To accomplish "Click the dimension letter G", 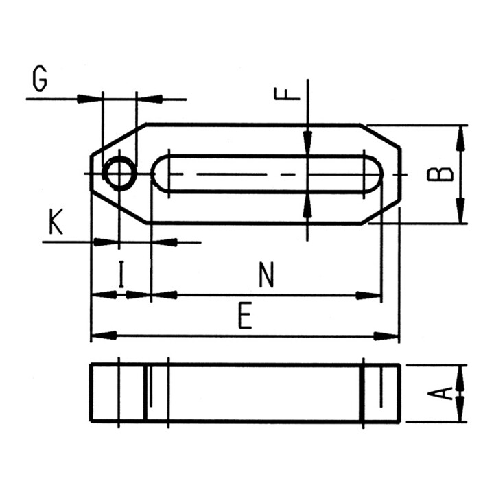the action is tap(40, 79).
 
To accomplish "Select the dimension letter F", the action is tap(287, 94).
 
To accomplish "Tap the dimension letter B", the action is tap(440, 174).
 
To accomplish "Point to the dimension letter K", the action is tap(56, 221).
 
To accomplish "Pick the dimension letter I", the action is tap(121, 274).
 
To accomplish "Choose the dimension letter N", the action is tap(266, 274).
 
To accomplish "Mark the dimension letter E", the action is tap(245, 316).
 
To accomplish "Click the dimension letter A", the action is tap(440, 394).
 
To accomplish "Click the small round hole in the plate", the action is tap(119, 174).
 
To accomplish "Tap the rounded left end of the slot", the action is tap(160, 174).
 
